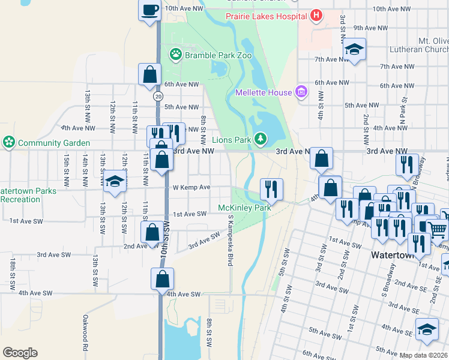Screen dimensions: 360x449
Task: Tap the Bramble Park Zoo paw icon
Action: click(x=175, y=55)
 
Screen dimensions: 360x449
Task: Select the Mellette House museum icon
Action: click(x=301, y=92)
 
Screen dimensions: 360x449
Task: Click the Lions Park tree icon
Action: click(x=260, y=139)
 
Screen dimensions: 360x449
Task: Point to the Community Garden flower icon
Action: click(x=9, y=143)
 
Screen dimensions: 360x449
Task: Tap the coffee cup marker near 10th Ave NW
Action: click(x=150, y=10)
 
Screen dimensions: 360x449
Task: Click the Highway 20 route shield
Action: click(x=158, y=96)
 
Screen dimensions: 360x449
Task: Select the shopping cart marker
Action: click(x=439, y=229)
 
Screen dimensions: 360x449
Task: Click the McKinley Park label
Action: click(x=244, y=208)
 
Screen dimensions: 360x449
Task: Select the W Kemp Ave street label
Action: click(x=191, y=187)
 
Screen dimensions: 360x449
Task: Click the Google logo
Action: click(x=20, y=352)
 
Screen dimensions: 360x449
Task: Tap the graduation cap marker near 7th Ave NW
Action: click(x=355, y=50)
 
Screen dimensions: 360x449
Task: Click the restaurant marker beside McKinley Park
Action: click(x=271, y=189)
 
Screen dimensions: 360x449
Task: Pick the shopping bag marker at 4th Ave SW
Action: click(x=162, y=279)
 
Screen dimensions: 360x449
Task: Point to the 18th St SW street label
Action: click(x=12, y=274)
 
